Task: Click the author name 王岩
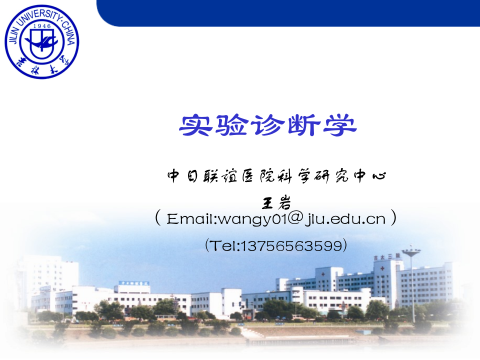[276, 202]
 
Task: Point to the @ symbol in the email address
[296, 218]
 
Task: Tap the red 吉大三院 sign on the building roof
[386, 256]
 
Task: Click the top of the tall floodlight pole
[411, 251]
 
